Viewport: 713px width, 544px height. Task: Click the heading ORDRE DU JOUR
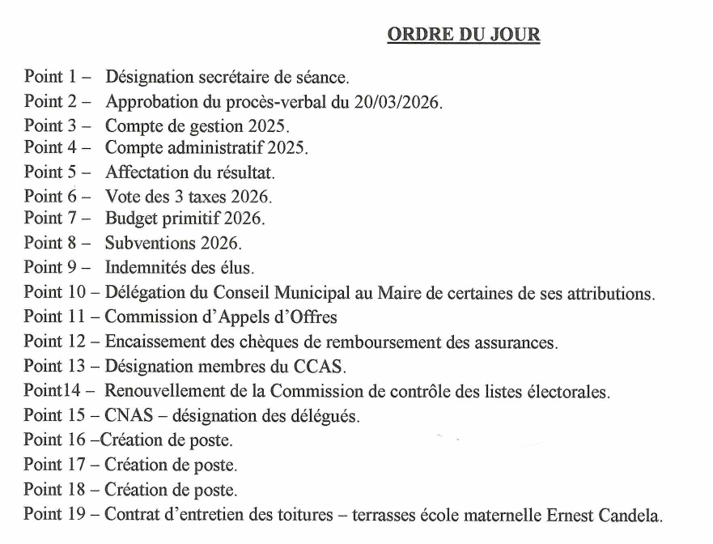(464, 35)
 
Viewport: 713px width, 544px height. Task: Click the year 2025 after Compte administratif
(287, 149)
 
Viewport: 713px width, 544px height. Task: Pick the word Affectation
(143, 172)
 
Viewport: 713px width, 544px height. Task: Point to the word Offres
(312, 317)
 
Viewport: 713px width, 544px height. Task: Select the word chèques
(265, 342)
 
